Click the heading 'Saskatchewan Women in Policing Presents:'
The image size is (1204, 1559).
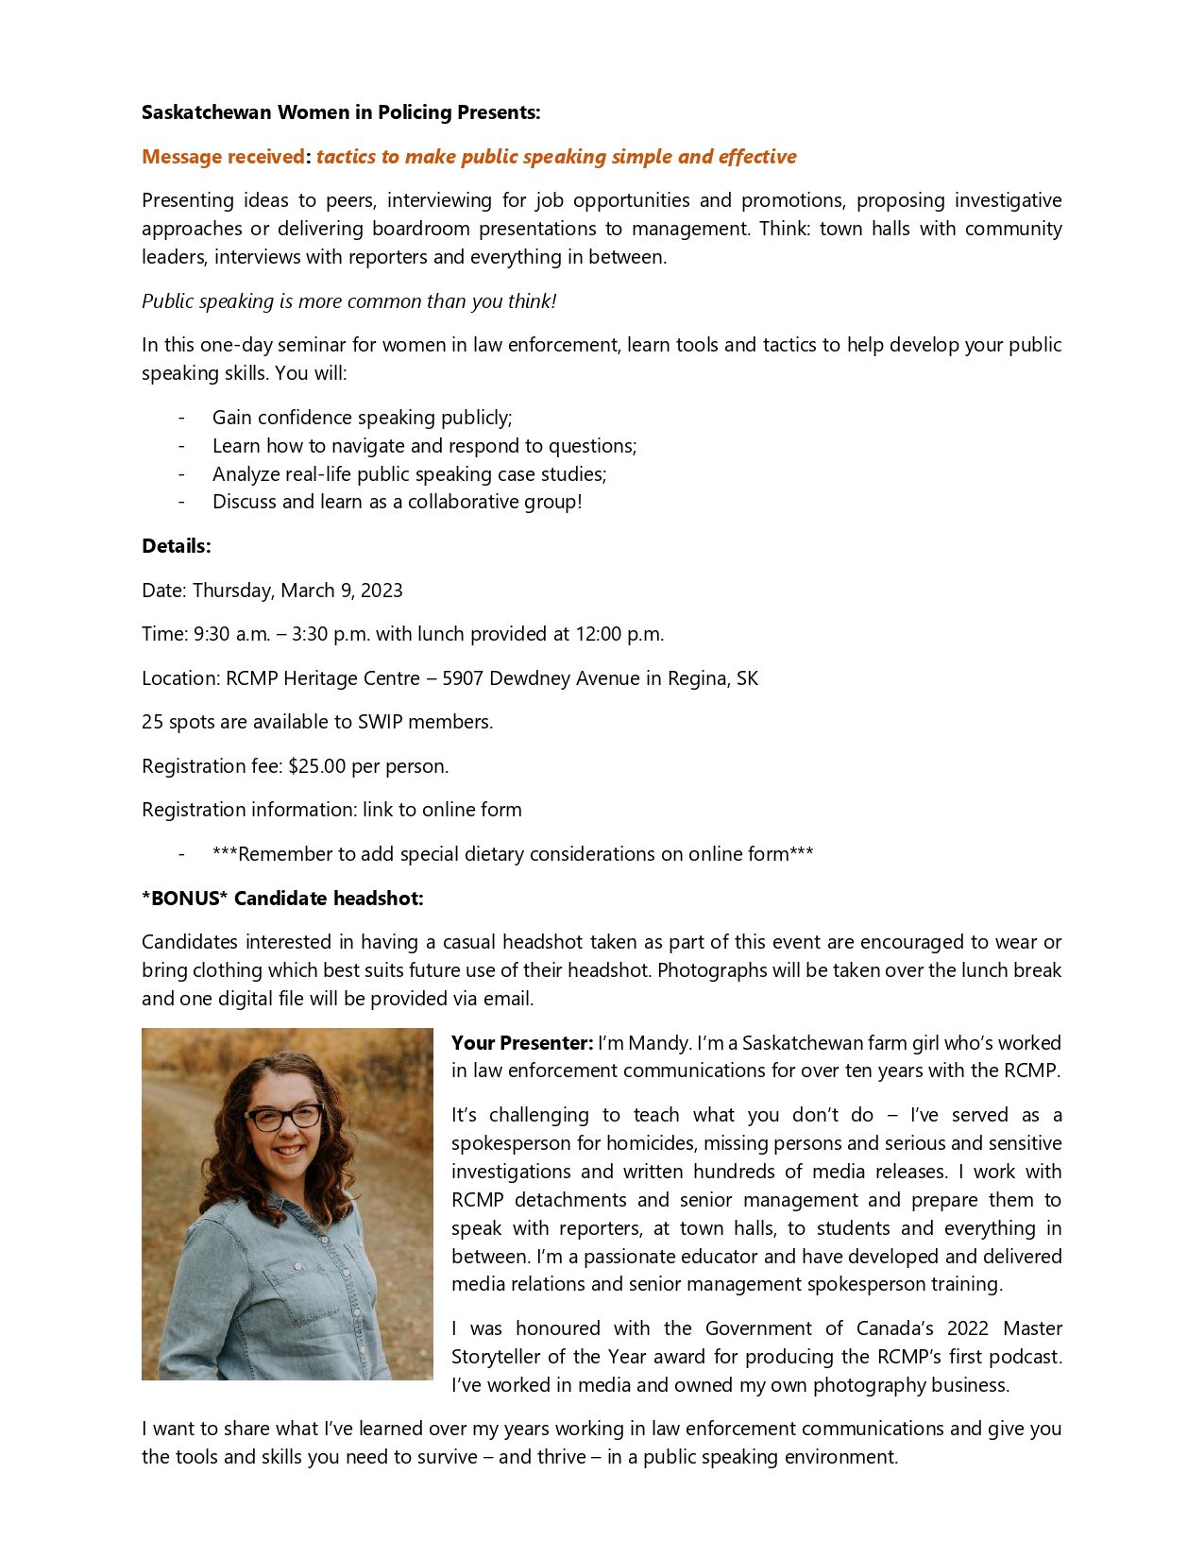click(341, 112)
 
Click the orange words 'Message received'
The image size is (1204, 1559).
click(223, 157)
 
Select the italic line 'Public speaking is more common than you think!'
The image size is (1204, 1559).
click(348, 301)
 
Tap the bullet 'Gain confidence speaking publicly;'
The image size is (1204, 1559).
click(362, 418)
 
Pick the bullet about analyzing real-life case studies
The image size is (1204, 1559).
click(409, 474)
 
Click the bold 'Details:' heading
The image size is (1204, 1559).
click(177, 546)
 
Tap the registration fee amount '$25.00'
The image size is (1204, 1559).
click(317, 766)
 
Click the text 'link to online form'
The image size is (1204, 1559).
click(442, 810)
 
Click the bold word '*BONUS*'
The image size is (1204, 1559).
click(185, 899)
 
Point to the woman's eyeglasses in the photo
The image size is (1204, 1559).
click(283, 1118)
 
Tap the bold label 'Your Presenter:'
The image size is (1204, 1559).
click(522, 1043)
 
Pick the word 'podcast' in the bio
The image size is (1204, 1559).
click(1024, 1357)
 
